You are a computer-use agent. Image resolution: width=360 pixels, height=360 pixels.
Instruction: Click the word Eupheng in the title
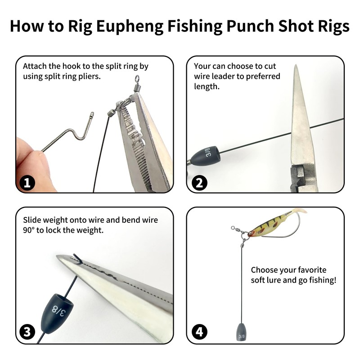click(x=130, y=27)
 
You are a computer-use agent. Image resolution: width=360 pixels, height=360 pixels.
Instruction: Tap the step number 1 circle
click(x=27, y=183)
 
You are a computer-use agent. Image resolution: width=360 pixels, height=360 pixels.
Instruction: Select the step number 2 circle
click(x=199, y=183)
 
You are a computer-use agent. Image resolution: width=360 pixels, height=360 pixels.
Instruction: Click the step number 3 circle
click(x=27, y=332)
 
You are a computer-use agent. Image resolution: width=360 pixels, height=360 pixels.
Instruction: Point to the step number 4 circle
click(x=199, y=332)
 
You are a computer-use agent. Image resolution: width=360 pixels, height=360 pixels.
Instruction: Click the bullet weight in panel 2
click(x=206, y=156)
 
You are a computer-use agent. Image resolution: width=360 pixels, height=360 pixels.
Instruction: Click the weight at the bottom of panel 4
click(x=241, y=332)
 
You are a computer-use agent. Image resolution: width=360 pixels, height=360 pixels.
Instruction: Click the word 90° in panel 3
click(x=28, y=230)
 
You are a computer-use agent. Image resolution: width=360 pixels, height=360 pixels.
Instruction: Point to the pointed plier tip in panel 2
click(x=296, y=66)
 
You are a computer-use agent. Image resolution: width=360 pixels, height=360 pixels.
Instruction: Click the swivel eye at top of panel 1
click(x=137, y=78)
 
